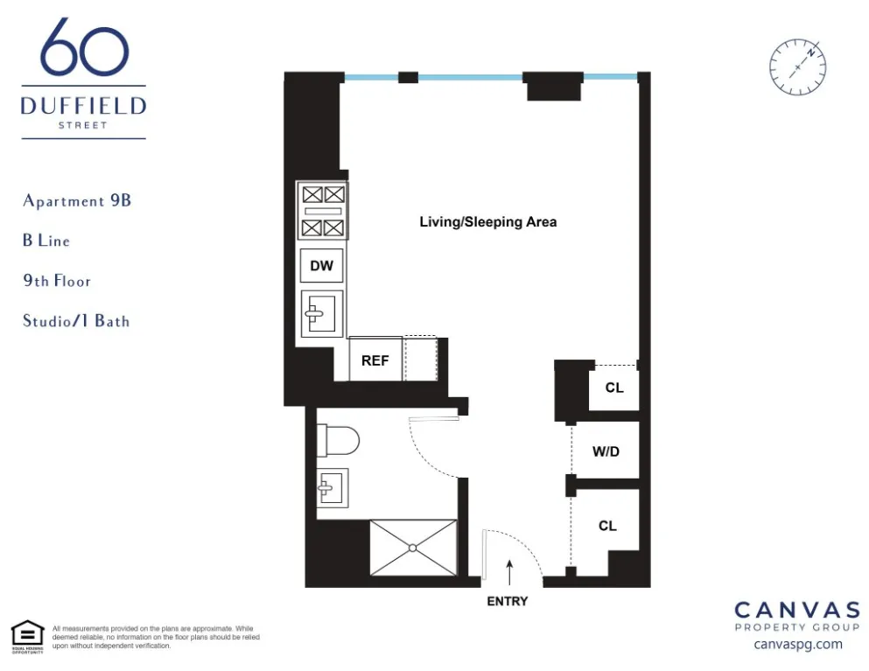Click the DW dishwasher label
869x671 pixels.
pos(321,265)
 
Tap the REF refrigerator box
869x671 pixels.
pos(375,360)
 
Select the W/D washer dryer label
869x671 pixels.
pos(606,452)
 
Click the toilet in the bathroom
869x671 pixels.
pos(338,440)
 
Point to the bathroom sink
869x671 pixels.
pos(332,487)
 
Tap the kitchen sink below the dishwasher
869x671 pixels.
pos(320,312)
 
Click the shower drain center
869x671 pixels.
pos(413,548)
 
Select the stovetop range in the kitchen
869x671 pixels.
pos(321,211)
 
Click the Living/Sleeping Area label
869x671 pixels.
pos(487,222)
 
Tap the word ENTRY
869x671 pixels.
pos(507,601)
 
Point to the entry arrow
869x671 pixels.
pos(508,572)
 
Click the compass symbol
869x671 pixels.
pos(797,67)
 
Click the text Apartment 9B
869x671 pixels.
pos(77,200)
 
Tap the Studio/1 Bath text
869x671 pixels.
pos(76,321)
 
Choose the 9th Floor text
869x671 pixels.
pos(57,281)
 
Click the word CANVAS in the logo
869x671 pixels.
pos(796,610)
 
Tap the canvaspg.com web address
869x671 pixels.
pos(797,644)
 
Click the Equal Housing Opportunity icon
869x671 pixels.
pos(27,636)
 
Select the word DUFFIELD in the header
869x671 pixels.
pos(84,107)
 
